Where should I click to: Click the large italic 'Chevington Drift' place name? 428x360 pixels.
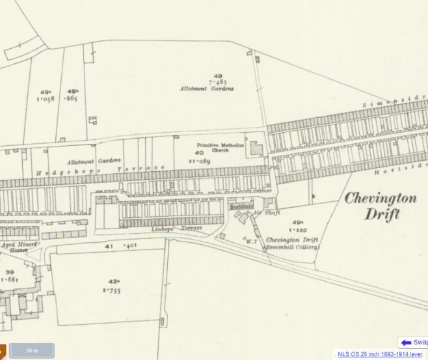(381, 206)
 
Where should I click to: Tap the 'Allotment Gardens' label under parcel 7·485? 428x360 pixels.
(206, 88)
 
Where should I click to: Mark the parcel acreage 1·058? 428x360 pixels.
(45, 100)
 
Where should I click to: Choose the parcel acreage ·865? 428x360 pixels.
(72, 99)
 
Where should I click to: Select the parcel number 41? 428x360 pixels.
(109, 246)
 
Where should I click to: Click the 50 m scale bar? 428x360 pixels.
(31, 350)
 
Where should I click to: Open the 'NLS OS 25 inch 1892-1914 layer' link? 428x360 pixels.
(379, 354)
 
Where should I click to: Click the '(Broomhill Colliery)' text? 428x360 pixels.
(292, 247)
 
